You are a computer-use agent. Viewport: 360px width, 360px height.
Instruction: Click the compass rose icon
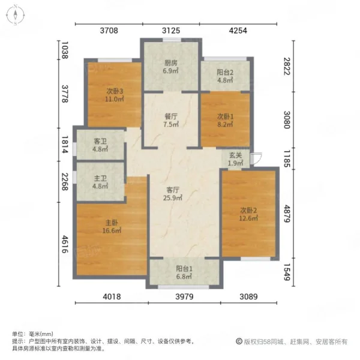(15, 15)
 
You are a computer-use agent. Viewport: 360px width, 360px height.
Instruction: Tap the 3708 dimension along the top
(109, 31)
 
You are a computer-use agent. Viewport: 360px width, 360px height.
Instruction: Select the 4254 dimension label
(238, 31)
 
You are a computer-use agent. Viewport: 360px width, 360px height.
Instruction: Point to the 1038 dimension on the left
(65, 50)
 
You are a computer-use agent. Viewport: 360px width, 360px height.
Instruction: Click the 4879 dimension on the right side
(287, 214)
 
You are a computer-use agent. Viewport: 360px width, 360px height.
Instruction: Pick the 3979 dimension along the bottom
(184, 296)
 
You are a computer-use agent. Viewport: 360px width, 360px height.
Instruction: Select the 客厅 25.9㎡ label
(173, 194)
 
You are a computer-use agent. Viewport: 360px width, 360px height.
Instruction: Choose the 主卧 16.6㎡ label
(112, 226)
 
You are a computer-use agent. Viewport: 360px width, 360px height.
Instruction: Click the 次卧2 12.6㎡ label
(248, 214)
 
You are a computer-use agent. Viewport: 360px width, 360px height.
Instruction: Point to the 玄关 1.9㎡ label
(236, 160)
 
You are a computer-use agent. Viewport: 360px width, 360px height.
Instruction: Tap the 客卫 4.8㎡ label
(100, 145)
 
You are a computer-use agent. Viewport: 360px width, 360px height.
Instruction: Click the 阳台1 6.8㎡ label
(184, 272)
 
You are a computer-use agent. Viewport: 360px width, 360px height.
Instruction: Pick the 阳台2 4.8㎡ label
(225, 76)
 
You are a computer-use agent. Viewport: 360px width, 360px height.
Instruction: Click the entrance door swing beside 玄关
(256, 158)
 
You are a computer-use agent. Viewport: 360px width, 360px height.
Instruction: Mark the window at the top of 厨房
(172, 40)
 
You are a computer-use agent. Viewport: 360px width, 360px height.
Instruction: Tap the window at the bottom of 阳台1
(184, 287)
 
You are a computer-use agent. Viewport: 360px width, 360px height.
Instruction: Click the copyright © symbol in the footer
(239, 341)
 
